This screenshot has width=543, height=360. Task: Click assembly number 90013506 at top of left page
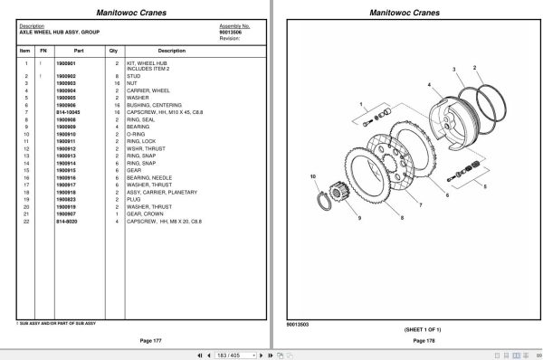(x=231, y=32)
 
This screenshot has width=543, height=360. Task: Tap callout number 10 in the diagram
(x=312, y=177)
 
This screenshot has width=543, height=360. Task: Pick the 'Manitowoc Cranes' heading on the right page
(x=407, y=11)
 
